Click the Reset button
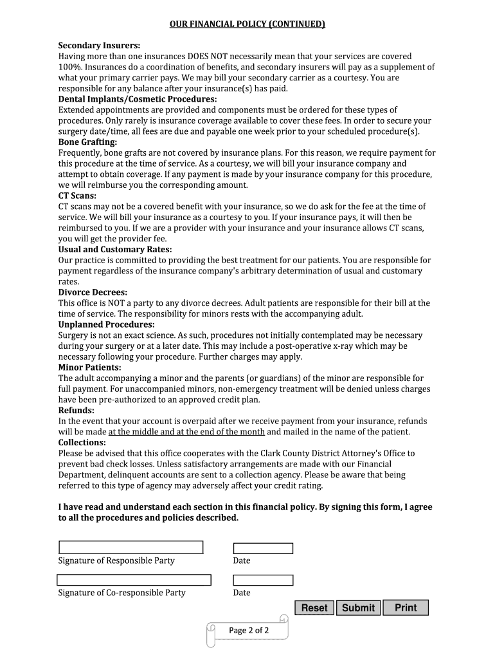point(314,608)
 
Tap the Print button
point(406,608)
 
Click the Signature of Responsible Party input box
point(130,547)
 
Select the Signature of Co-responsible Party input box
point(134,579)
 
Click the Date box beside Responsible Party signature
point(263,548)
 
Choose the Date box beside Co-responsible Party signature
point(263,580)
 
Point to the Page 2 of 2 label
point(249,631)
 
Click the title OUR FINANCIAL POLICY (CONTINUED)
point(248,24)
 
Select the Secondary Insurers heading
point(99,46)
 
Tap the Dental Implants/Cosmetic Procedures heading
point(138,99)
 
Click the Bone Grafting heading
point(88,142)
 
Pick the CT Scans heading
point(78,196)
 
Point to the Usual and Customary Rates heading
point(115,249)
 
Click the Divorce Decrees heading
point(93,292)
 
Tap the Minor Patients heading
point(89,367)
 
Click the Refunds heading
point(76,411)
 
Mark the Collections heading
point(82,443)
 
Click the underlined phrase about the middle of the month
point(186,432)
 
